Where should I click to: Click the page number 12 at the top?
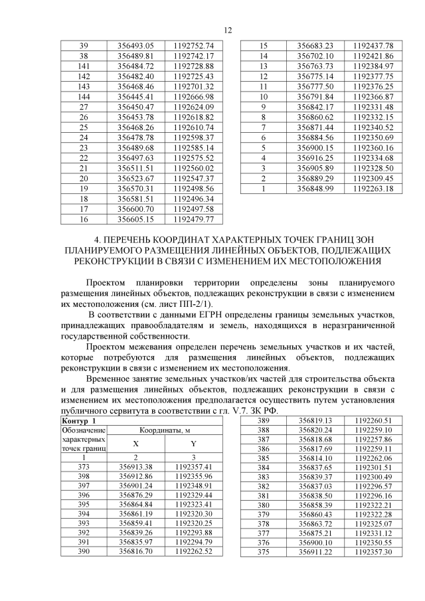(228, 30)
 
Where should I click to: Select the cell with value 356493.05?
(135, 46)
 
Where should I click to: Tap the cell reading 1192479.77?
(193, 219)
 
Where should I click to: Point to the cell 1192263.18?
(373, 189)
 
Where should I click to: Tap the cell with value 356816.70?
(135, 551)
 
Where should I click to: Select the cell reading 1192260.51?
(373, 421)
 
